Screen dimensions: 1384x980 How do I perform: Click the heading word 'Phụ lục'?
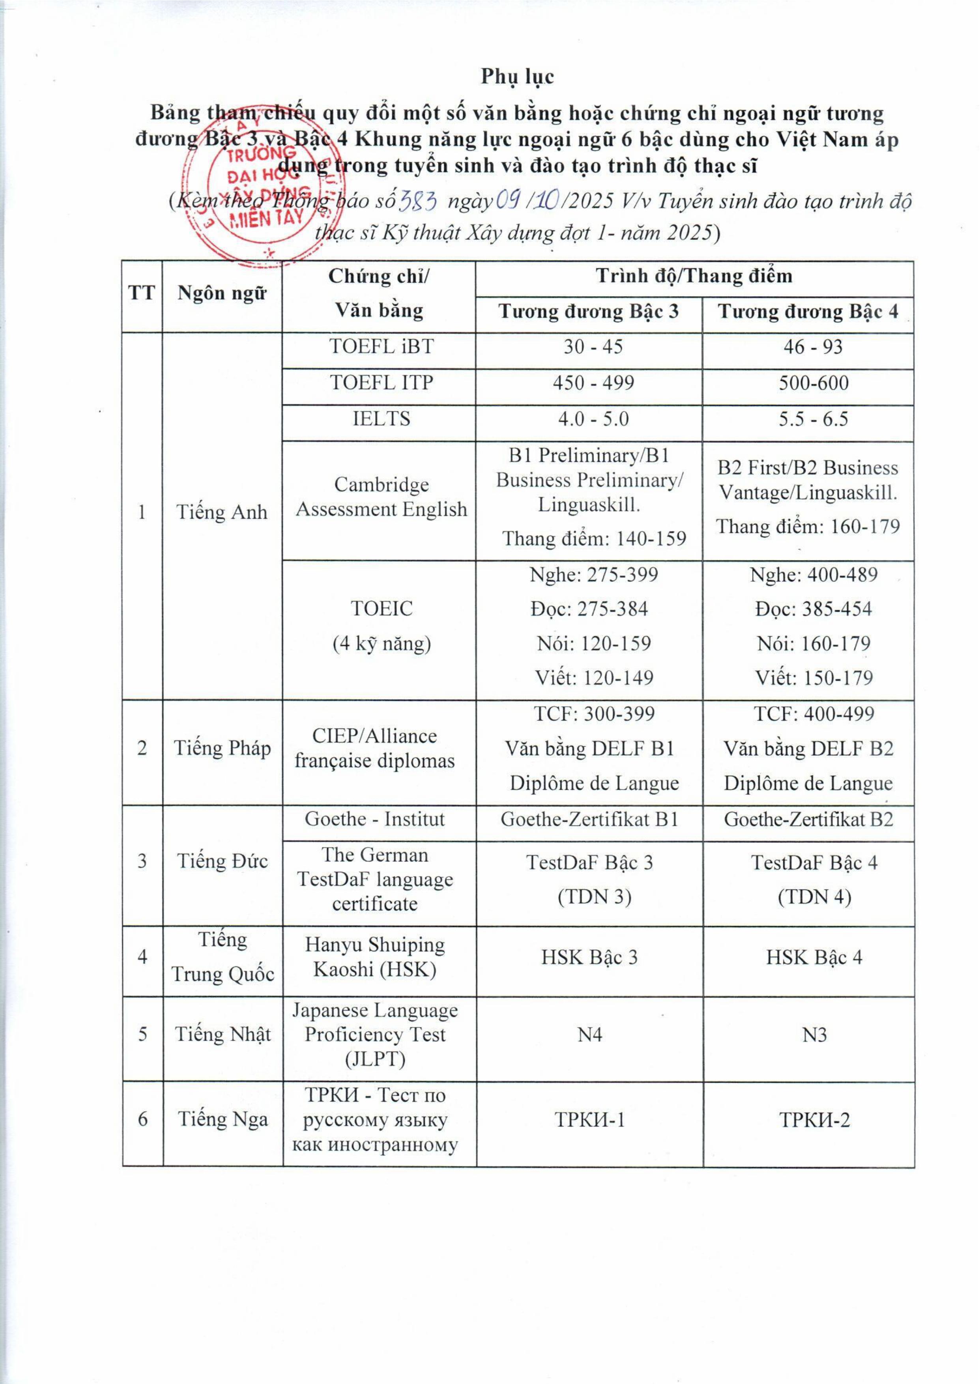pyautogui.click(x=517, y=77)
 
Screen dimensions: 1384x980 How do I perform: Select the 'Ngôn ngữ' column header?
pyautogui.click(x=222, y=294)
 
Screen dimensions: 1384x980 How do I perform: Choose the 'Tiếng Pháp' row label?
pyautogui.click(x=222, y=748)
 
